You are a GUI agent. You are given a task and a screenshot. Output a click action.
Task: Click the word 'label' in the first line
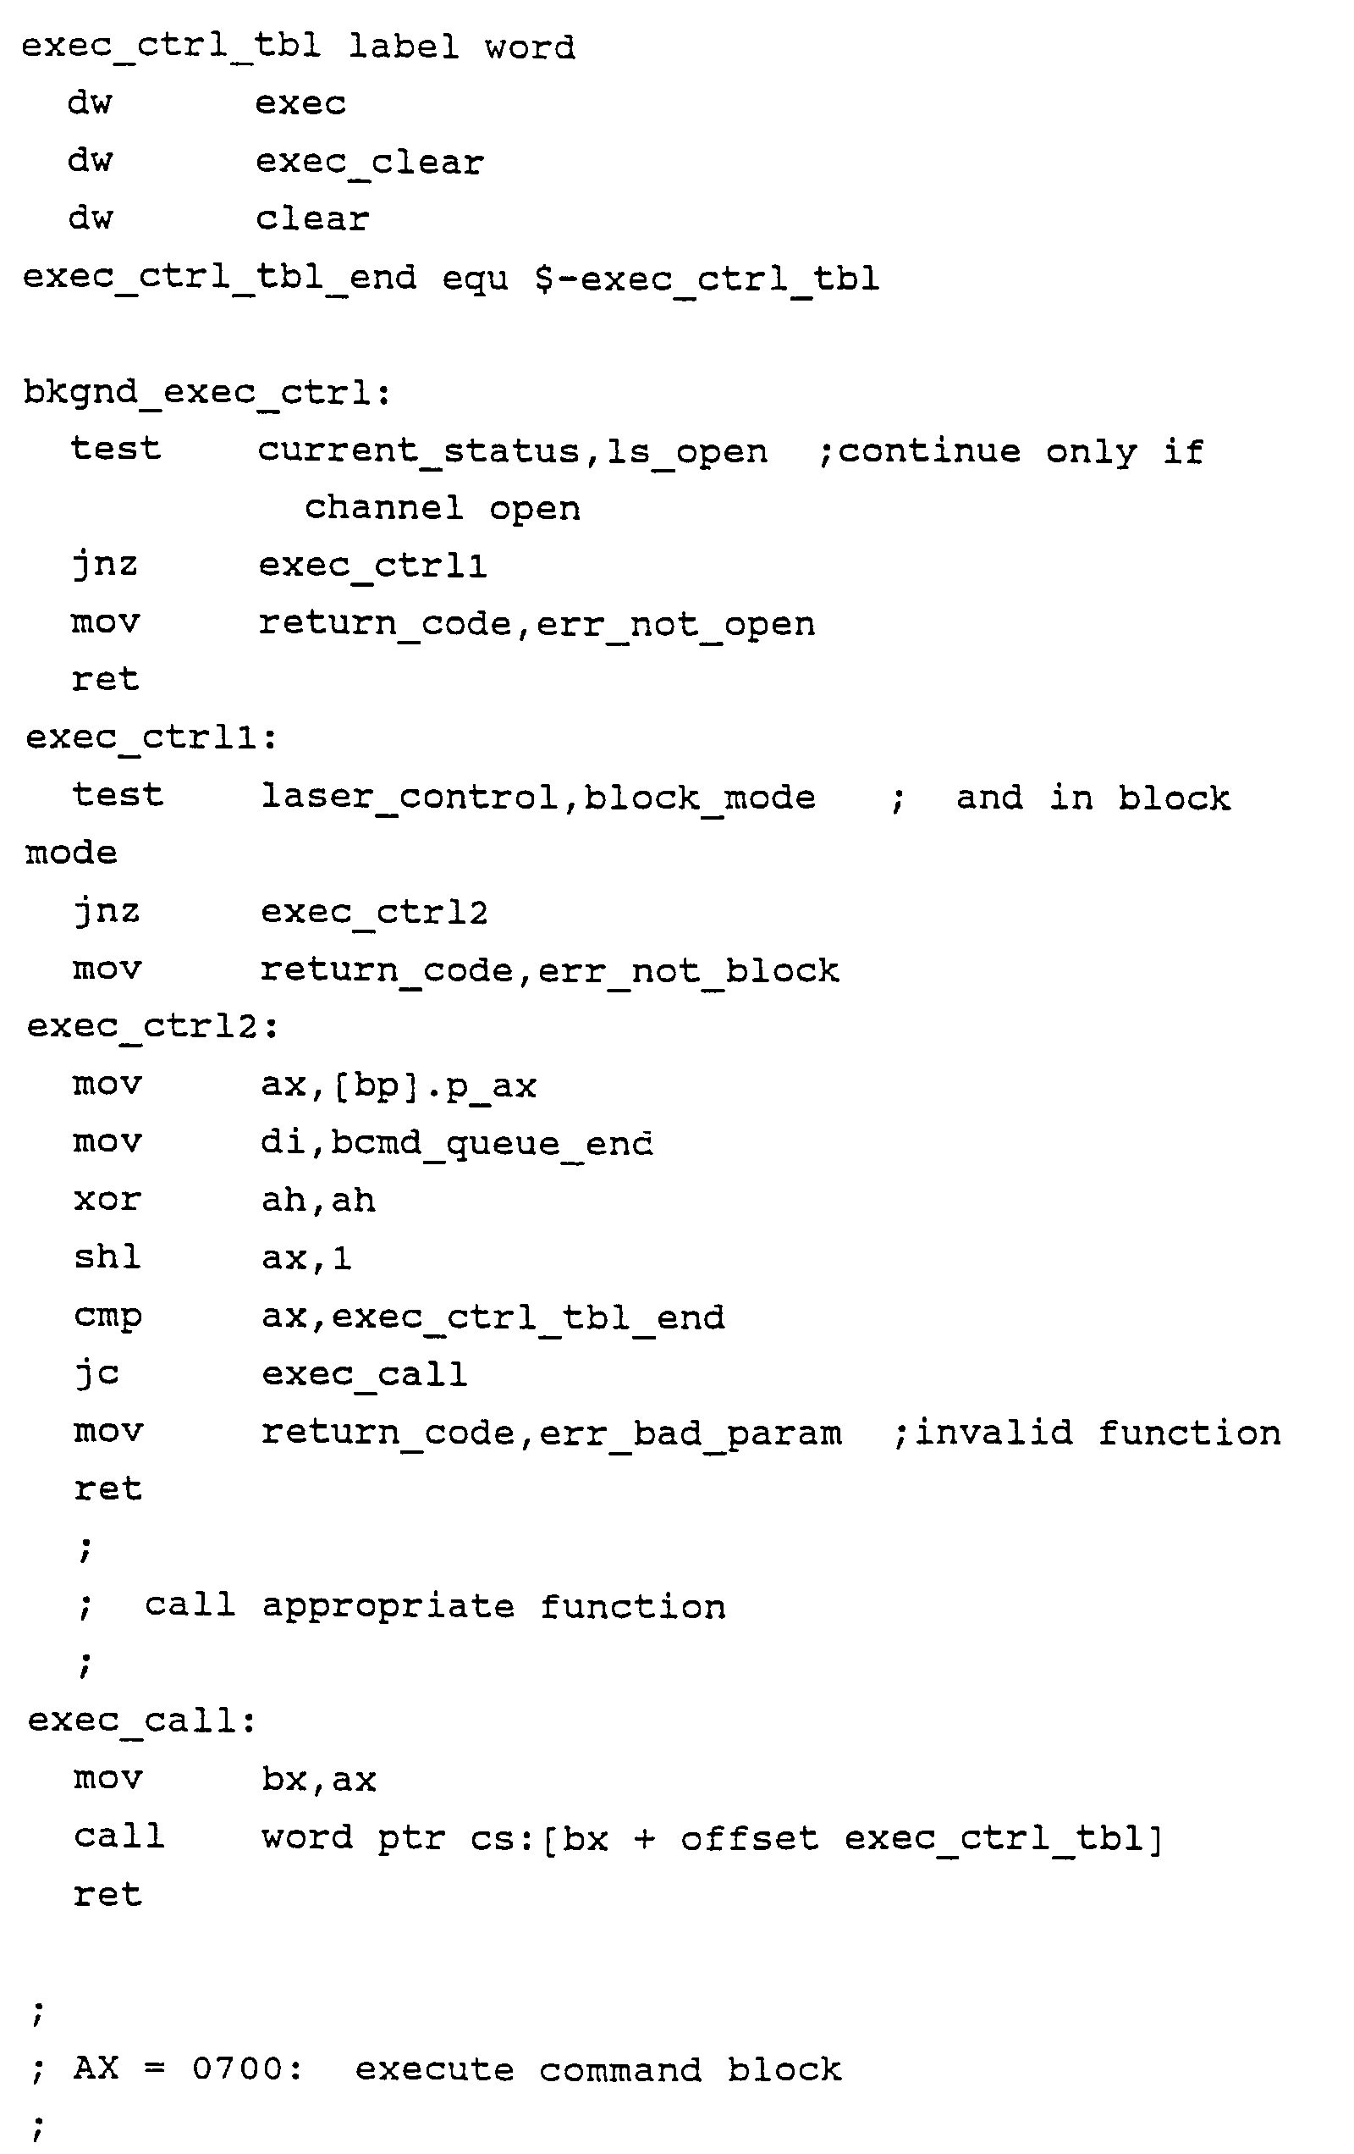click(404, 46)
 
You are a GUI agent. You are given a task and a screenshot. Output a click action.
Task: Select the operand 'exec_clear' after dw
click(369, 162)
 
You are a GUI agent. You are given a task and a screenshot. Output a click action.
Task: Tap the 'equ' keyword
click(475, 279)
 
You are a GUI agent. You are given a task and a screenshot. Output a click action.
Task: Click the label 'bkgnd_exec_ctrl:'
click(207, 393)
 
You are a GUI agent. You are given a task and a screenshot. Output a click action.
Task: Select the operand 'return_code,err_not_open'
click(537, 623)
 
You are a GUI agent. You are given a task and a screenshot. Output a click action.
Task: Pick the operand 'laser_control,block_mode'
click(537, 796)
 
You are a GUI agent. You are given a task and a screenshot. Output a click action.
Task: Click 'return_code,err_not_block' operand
click(549, 970)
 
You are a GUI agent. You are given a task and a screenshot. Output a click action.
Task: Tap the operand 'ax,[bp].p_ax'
click(398, 1085)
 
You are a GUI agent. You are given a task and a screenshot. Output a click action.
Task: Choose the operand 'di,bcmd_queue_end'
click(457, 1143)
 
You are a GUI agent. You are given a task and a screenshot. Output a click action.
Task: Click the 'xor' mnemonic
click(107, 1200)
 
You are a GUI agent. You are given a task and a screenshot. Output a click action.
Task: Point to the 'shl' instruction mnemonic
click(107, 1256)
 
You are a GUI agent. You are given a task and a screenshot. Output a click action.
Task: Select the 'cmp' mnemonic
click(107, 1317)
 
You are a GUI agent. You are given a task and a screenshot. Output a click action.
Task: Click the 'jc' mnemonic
click(96, 1373)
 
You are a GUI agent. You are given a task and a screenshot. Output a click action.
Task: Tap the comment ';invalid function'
click(1087, 1433)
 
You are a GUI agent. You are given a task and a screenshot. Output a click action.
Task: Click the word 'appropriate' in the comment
click(388, 1607)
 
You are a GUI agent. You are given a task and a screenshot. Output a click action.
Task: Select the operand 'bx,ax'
click(318, 1780)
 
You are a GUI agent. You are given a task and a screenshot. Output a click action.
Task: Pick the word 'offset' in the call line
click(750, 1838)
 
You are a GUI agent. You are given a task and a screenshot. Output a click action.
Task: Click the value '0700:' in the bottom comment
click(247, 2069)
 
